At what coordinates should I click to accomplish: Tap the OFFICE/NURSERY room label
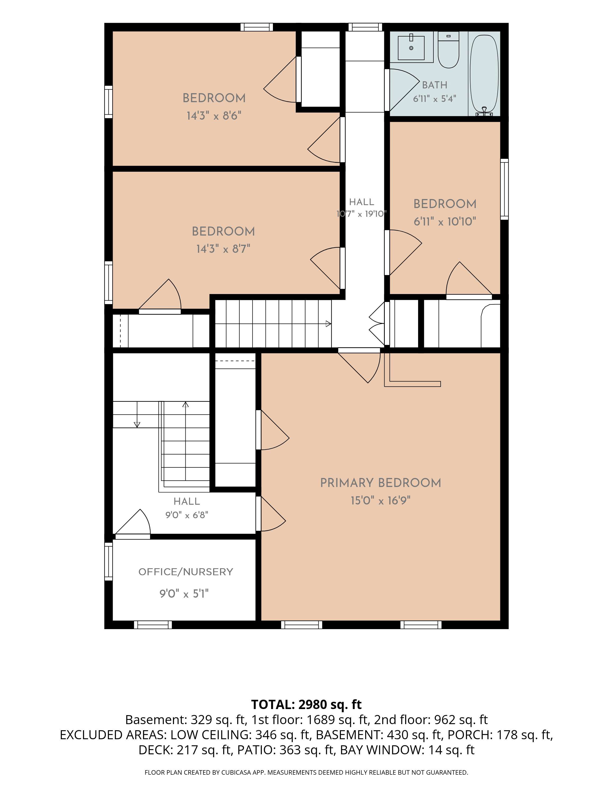(186, 572)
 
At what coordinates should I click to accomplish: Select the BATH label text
(435, 85)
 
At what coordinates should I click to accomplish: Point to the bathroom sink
(411, 48)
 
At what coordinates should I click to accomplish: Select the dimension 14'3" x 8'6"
(214, 116)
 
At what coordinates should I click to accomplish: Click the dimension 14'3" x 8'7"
(223, 249)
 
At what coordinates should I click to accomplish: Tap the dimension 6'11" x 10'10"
(445, 222)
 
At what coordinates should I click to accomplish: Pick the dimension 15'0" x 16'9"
(381, 500)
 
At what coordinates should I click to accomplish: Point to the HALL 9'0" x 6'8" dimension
(187, 515)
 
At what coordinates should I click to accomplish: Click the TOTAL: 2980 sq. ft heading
(306, 705)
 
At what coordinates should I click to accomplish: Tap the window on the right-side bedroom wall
(504, 189)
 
